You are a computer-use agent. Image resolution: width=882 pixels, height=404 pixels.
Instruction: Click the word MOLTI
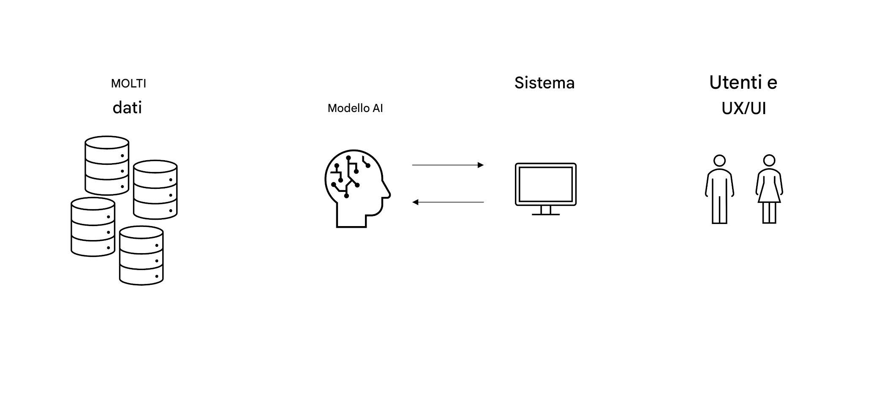coord(128,84)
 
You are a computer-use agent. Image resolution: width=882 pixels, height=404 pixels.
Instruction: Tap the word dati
coord(127,108)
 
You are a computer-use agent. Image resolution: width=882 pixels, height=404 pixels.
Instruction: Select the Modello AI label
coord(355,108)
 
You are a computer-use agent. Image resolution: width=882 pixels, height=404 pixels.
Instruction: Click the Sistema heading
coord(544,83)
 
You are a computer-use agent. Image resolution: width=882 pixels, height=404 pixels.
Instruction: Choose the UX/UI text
coord(744,109)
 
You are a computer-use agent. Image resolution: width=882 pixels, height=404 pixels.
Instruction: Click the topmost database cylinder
coord(107,165)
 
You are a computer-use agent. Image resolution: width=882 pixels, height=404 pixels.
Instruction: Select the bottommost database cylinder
coord(141,255)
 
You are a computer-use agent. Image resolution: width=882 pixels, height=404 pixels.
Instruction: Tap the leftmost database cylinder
coord(93,227)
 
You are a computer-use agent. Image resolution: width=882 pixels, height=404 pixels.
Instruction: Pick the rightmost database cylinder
coord(155,189)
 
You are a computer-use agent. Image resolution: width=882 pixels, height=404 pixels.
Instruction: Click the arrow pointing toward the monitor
coord(448,165)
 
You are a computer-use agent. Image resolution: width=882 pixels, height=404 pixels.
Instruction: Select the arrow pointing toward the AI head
coord(448,202)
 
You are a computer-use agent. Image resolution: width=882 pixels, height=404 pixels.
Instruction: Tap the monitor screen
coord(545,184)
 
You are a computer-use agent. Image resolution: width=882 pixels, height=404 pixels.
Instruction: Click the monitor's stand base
coord(545,214)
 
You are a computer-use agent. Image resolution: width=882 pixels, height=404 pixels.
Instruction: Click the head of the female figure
coord(769,161)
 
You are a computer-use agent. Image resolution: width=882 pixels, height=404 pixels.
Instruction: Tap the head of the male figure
coord(719,161)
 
